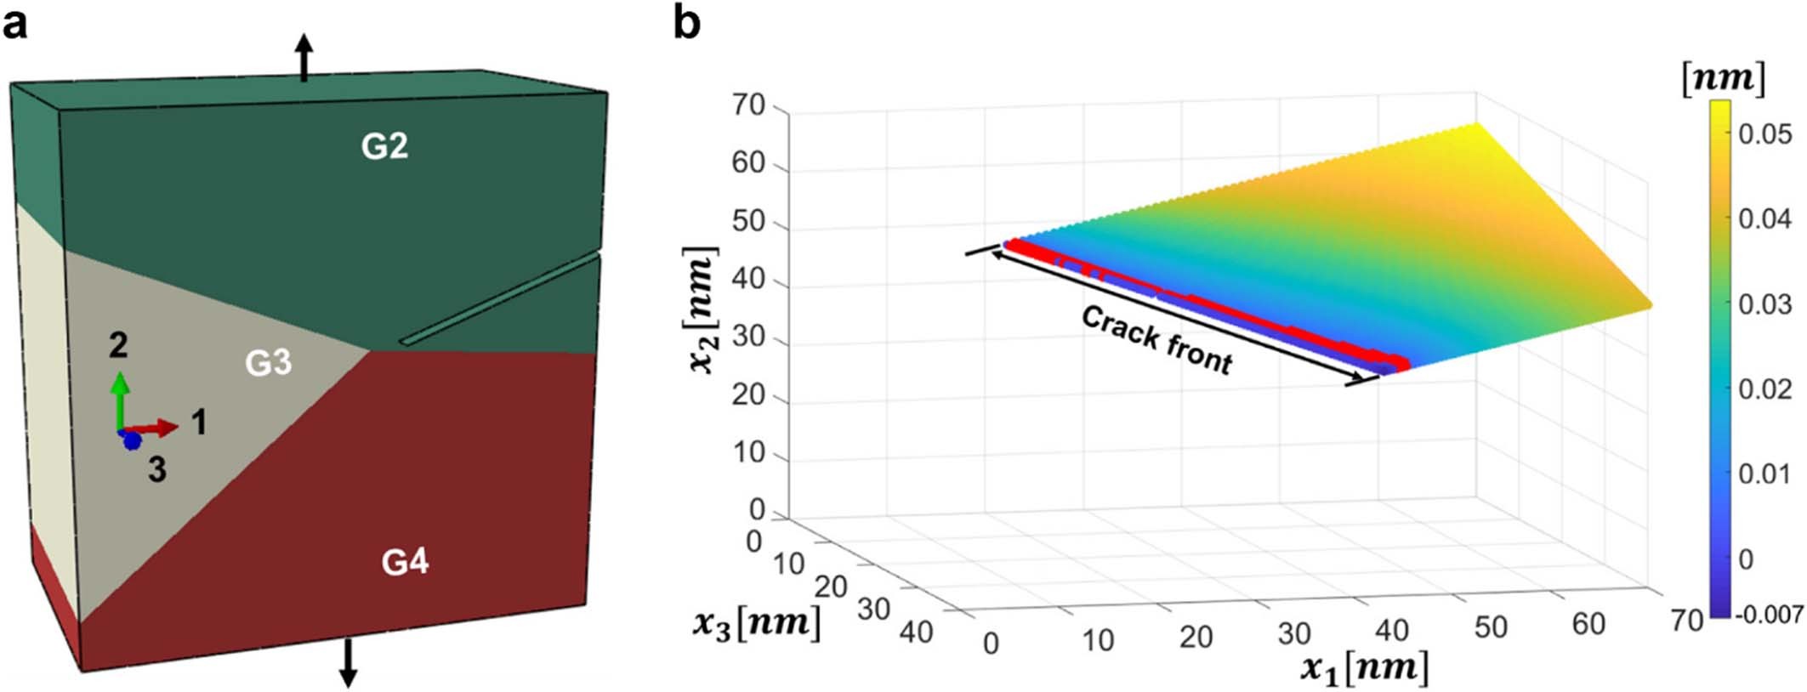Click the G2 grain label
[384, 147]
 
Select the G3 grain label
[269, 363]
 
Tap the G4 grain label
[405, 562]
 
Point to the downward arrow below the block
[348, 663]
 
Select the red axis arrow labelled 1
[157, 428]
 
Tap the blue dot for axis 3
[132, 441]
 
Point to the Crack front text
[1156, 340]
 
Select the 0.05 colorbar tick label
[1764, 134]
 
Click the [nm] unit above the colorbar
[1723, 79]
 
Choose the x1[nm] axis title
[1364, 667]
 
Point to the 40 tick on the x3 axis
[915, 632]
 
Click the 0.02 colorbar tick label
[1764, 389]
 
